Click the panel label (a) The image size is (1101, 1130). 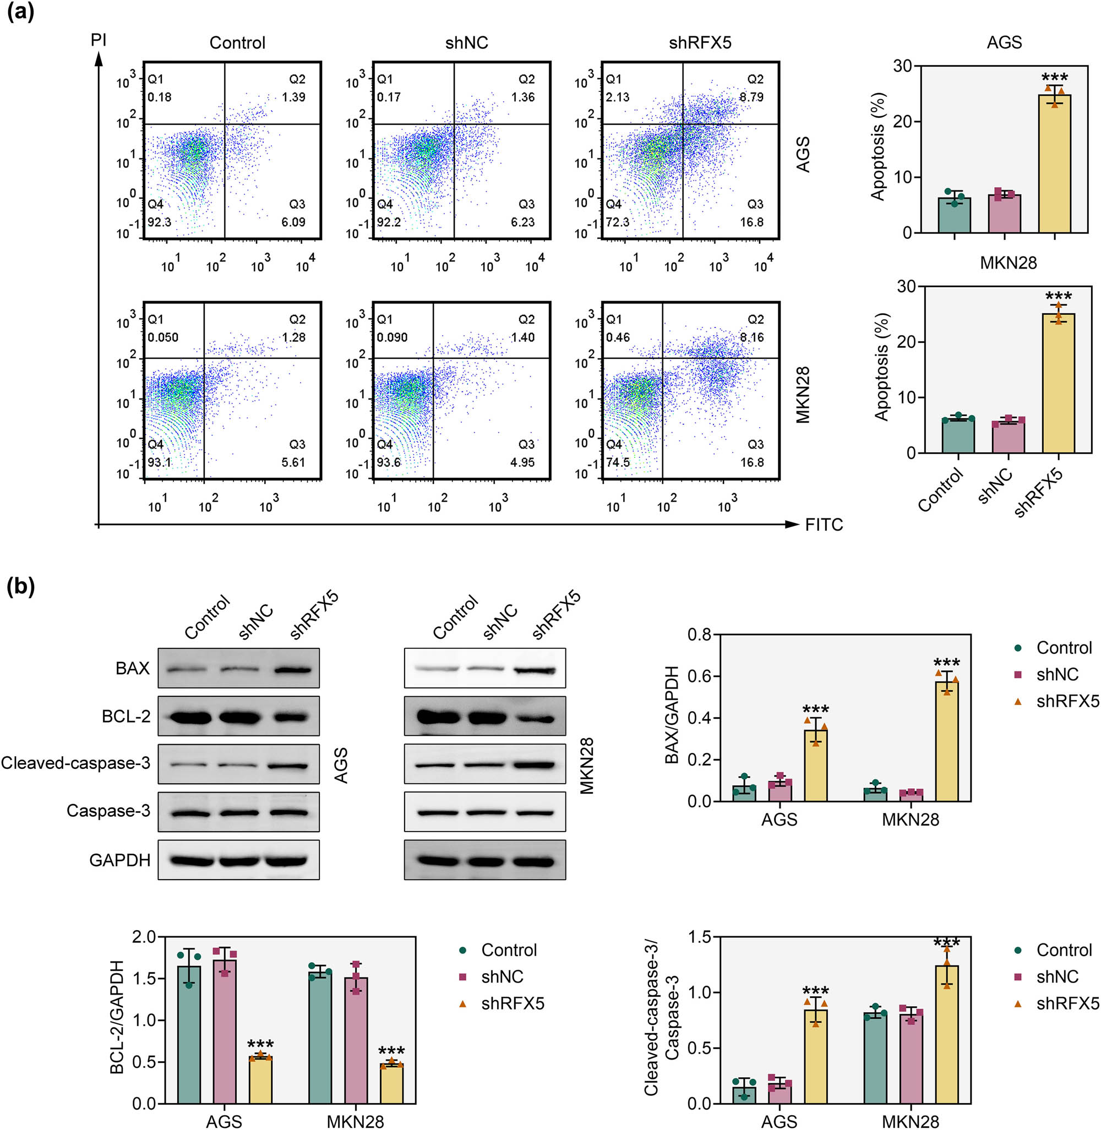pos(20,11)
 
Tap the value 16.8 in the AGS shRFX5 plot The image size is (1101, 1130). pos(752,222)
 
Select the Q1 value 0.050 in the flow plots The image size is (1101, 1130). pos(162,337)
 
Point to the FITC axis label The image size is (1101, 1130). pos(824,525)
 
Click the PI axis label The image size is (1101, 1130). pos(99,40)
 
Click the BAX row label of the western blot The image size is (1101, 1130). pos(133,669)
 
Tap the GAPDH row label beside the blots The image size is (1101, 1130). pos(119,860)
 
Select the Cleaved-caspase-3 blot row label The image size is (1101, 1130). pos(76,763)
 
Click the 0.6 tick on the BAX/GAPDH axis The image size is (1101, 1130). pos(699,676)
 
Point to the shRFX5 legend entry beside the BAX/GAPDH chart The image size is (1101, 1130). pos(1067,701)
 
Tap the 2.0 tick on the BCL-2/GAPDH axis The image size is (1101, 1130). pos(145,937)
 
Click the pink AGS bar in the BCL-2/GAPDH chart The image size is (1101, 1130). pos(225,1031)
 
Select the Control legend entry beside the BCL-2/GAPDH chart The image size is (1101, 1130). pos(509,950)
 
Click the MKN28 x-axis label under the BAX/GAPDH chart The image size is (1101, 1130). pos(910,820)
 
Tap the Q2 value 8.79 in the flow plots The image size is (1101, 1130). pos(752,97)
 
